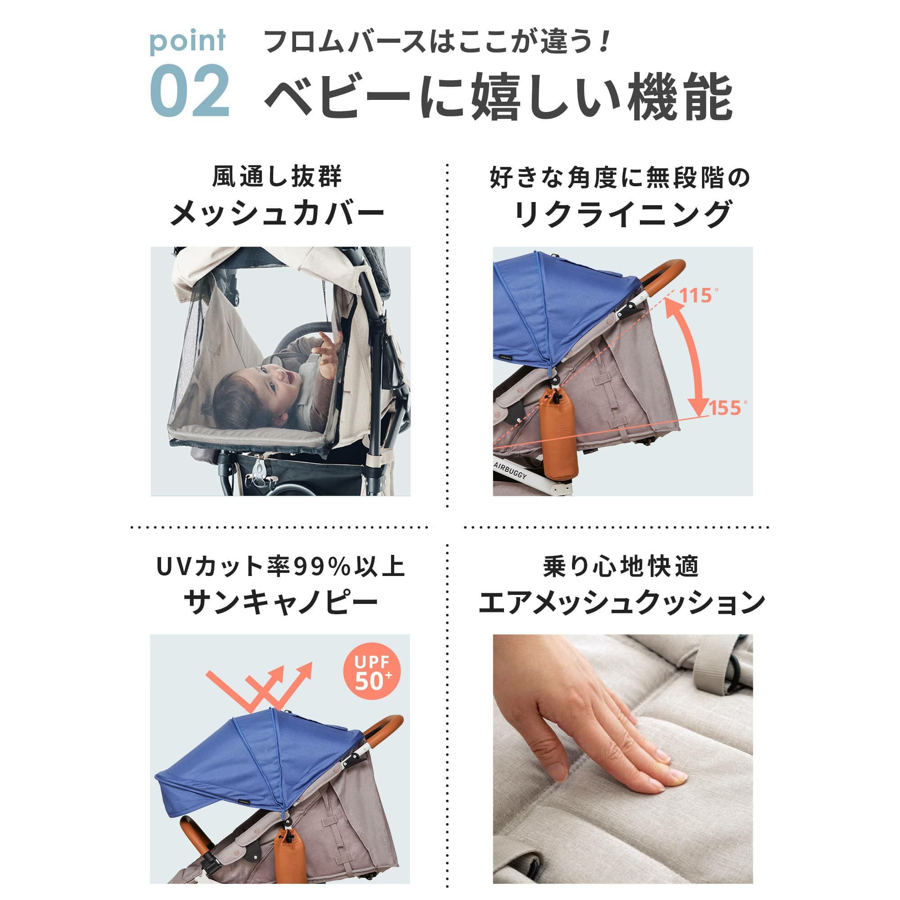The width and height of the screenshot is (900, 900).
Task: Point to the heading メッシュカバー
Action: [278, 214]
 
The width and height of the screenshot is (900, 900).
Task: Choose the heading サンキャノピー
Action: [281, 603]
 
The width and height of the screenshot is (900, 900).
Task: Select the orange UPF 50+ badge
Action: [372, 673]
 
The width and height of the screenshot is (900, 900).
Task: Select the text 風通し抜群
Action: [278, 177]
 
